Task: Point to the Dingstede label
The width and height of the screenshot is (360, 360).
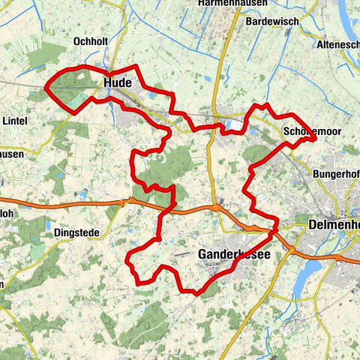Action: click(x=76, y=232)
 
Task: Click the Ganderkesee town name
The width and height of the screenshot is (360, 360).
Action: click(x=234, y=256)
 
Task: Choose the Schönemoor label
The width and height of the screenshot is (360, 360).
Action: click(x=313, y=131)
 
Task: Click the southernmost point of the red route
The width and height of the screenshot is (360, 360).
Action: click(x=196, y=294)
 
